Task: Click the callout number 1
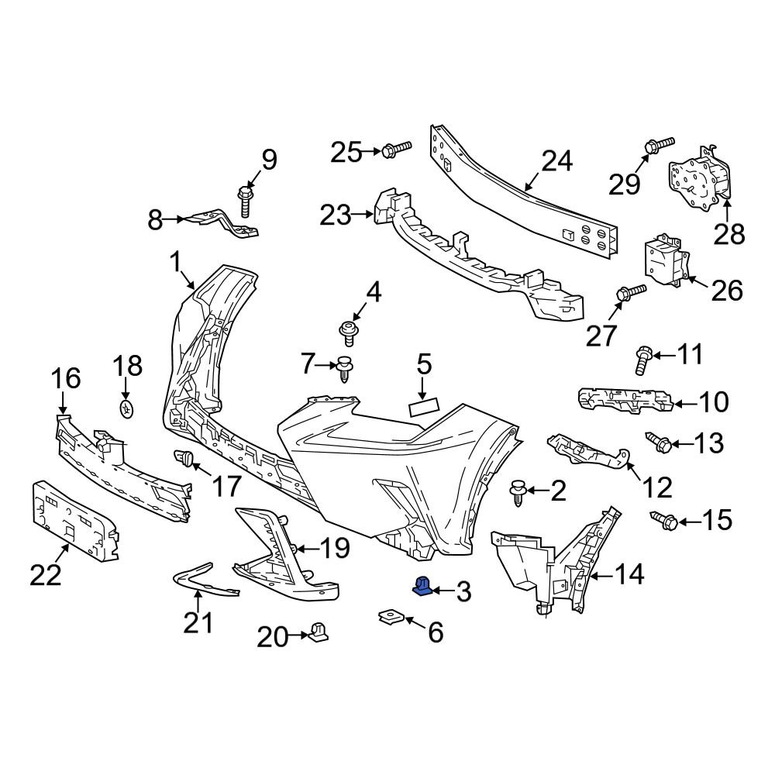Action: point(177,263)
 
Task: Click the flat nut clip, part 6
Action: point(389,618)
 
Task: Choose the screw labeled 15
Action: point(664,519)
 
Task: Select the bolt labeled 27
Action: point(629,293)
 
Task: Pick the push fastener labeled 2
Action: point(518,492)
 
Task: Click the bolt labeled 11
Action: point(642,359)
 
